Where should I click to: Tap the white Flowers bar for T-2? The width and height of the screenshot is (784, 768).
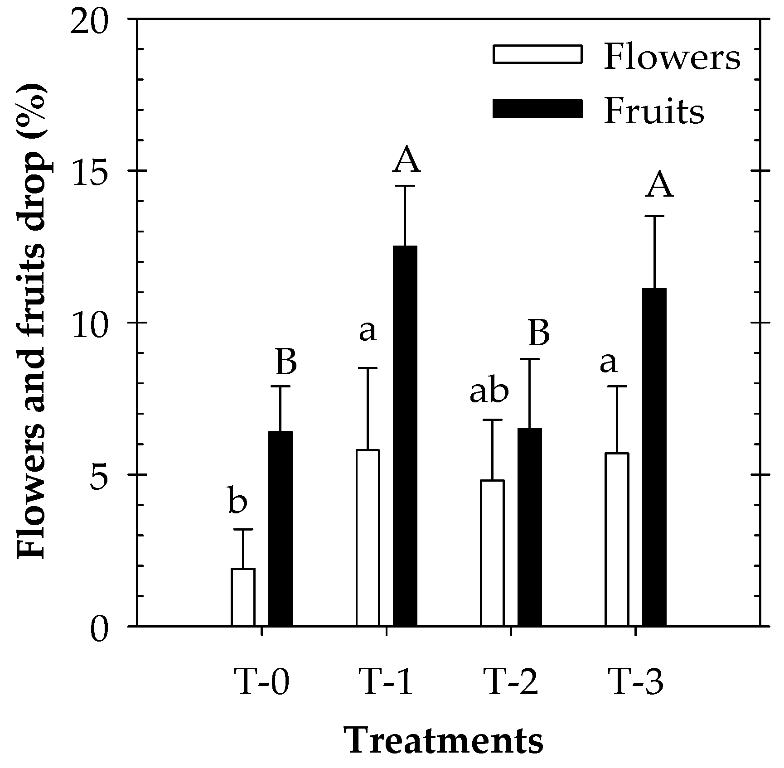coord(492,553)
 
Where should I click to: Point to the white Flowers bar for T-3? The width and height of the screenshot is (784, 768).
coord(617,539)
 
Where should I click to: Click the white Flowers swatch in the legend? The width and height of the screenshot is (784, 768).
coord(537,54)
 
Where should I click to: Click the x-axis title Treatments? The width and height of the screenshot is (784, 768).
coord(445,742)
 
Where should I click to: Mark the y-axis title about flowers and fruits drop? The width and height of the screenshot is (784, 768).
coord(32,322)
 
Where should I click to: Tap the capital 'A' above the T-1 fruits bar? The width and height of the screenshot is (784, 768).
coord(407,161)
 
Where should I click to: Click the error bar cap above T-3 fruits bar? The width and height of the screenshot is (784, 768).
coord(654,217)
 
